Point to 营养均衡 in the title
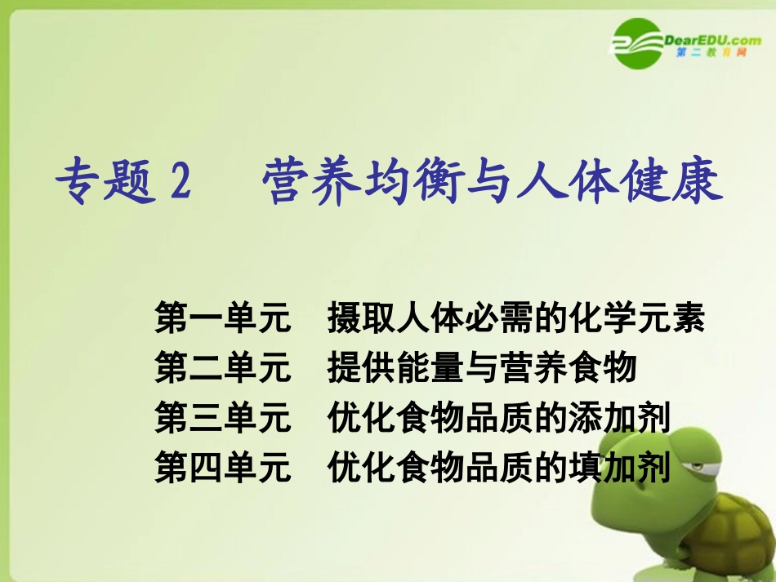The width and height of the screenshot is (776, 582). (x=359, y=182)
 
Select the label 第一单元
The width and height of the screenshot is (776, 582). (x=222, y=318)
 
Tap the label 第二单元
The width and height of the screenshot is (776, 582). (x=222, y=368)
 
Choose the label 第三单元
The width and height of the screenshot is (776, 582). (x=222, y=418)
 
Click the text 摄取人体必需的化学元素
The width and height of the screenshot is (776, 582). (x=515, y=318)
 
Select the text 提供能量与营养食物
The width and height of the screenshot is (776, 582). (x=481, y=368)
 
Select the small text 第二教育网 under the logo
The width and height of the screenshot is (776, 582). (x=711, y=53)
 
